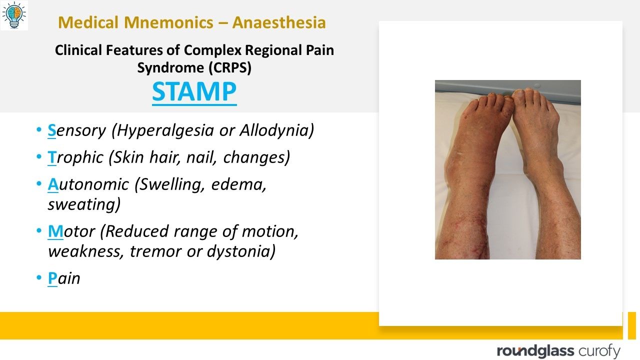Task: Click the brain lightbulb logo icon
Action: coord(14,15)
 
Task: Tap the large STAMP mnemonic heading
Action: coord(194,91)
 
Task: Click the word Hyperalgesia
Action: coord(167,130)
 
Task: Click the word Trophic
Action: coord(76,157)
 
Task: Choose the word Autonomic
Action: coord(88,184)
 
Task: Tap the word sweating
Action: coord(84,204)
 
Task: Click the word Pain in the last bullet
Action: coord(64,278)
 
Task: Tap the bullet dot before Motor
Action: coord(39,231)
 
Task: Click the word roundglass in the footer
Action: coord(535,351)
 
